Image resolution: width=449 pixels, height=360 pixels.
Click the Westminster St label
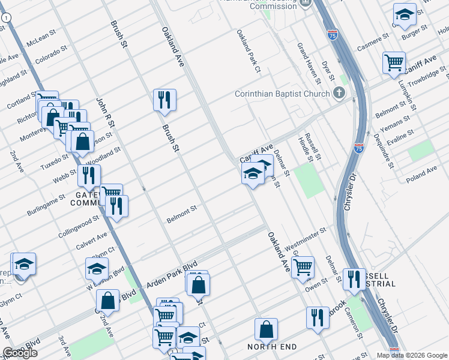pyautogui.click(x=305, y=234)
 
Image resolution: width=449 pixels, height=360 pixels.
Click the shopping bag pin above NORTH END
pyautogui.click(x=266, y=329)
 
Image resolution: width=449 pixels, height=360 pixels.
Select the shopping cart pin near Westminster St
pyautogui.click(x=303, y=266)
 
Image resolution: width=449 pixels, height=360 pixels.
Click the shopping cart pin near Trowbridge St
pyautogui.click(x=394, y=62)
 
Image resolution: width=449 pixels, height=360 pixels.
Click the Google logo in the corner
pyautogui.click(x=20, y=353)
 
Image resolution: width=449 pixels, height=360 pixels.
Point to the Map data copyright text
pyautogui.click(x=411, y=355)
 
